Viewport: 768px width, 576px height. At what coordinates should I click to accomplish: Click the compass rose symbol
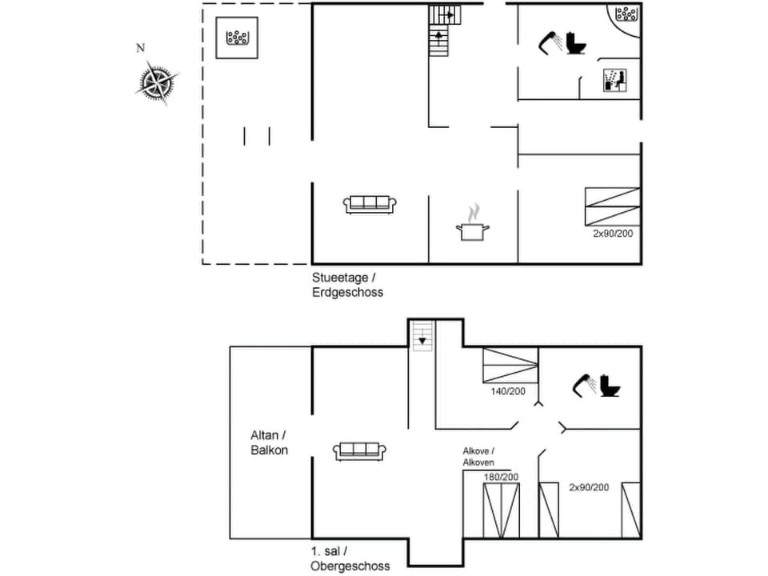coord(157,83)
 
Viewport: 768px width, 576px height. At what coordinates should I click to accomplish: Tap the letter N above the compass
coord(141,49)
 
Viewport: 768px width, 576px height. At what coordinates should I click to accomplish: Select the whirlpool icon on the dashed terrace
coord(238,38)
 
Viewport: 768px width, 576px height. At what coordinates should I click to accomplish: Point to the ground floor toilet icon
coord(575,42)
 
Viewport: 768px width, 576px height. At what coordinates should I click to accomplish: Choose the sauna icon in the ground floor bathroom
coord(614,80)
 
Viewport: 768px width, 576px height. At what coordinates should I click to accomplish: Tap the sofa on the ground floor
coord(370,204)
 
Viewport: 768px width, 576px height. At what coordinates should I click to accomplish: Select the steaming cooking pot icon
coord(472,223)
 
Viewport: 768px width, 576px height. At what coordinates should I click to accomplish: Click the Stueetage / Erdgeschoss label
coord(348,285)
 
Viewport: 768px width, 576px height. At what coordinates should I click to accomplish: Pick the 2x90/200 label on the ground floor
coord(612,234)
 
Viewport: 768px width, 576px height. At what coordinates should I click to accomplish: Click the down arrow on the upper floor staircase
coord(421,340)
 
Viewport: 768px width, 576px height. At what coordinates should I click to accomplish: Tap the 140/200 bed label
coord(509,392)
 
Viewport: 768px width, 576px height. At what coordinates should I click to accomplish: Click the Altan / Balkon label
coord(269,442)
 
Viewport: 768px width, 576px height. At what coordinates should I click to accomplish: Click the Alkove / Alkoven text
coord(478,457)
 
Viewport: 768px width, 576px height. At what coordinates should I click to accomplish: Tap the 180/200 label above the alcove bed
coord(501,477)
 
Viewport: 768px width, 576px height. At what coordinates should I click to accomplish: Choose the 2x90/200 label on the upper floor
coord(589,487)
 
